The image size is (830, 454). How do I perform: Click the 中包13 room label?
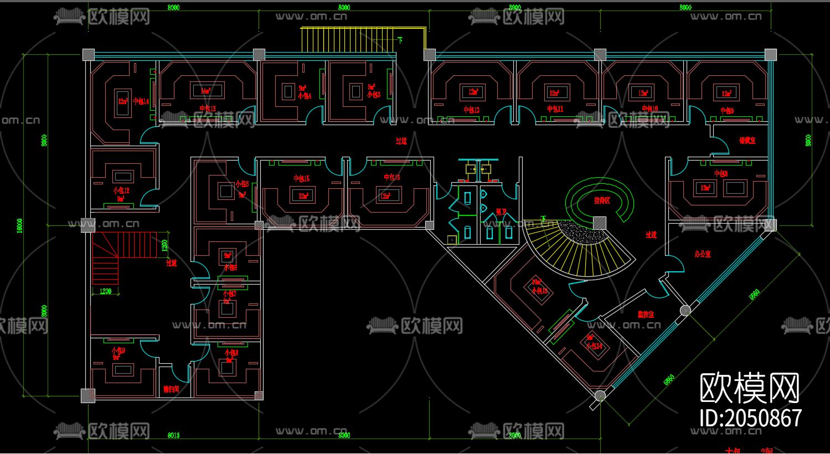click(208, 109)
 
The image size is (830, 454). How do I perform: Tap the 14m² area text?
click(205, 91)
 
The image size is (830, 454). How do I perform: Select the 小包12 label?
click(121, 190)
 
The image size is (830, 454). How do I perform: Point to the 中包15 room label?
click(301, 178)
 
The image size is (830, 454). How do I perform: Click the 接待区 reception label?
click(602, 200)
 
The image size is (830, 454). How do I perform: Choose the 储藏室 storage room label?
click(747, 141)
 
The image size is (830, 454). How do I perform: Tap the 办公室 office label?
click(702, 254)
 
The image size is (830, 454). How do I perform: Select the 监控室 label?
click(646, 314)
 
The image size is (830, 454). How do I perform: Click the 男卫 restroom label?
click(501, 211)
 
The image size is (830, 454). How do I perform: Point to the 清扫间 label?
click(171, 389)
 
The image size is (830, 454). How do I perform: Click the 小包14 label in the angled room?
click(594, 346)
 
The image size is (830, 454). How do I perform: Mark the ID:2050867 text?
click(750, 418)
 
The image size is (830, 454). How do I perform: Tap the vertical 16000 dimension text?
click(20, 225)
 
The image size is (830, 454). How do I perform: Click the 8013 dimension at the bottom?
click(173, 435)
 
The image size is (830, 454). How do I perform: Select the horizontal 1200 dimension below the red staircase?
click(105, 291)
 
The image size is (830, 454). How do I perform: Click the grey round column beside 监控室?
click(685, 310)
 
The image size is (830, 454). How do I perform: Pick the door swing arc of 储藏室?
click(718, 146)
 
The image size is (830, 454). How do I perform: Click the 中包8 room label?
click(720, 173)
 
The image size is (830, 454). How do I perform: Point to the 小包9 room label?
click(118, 350)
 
